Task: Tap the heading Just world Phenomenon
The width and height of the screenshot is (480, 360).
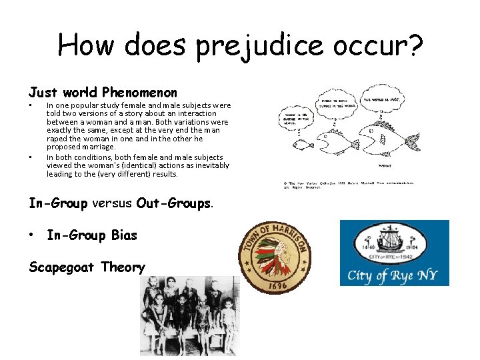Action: [x=103, y=92]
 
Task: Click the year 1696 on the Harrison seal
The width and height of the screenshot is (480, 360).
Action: [x=275, y=285]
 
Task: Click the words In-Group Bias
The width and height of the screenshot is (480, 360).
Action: [x=92, y=235]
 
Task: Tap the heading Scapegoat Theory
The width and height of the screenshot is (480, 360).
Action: [x=87, y=267]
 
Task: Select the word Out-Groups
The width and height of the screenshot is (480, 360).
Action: [x=173, y=203]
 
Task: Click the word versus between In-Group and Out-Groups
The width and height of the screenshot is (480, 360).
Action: [x=112, y=203]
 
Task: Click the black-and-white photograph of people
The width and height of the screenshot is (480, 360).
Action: [x=189, y=316]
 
